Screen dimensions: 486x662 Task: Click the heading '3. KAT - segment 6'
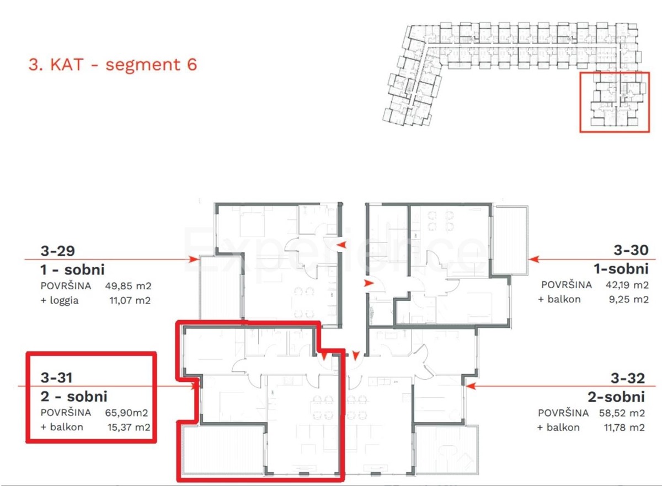(x=113, y=64)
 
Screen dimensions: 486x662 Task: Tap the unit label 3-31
(x=57, y=378)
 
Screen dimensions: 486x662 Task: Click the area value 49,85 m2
(x=127, y=287)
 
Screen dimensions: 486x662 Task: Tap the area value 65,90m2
(x=127, y=412)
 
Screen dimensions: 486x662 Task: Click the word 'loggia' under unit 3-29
(x=65, y=300)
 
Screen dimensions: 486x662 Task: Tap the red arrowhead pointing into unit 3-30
(x=532, y=258)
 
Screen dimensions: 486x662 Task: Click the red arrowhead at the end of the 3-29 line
(x=193, y=258)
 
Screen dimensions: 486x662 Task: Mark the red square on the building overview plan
(x=614, y=102)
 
